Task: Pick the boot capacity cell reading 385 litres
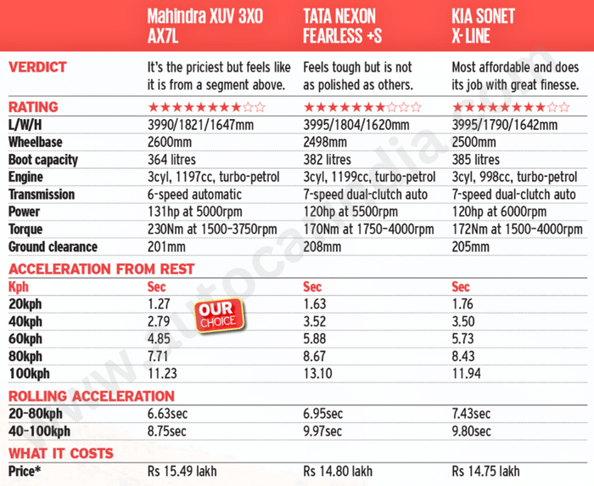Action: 475,160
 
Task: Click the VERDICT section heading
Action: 37,66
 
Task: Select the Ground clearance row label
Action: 53,247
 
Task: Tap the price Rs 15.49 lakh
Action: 184,471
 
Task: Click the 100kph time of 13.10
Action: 318,374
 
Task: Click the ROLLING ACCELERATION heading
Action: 92,396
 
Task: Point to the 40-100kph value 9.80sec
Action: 471,432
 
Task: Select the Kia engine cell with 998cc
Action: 514,177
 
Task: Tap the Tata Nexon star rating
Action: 361,107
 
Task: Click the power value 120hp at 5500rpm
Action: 351,212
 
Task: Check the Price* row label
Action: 28,471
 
